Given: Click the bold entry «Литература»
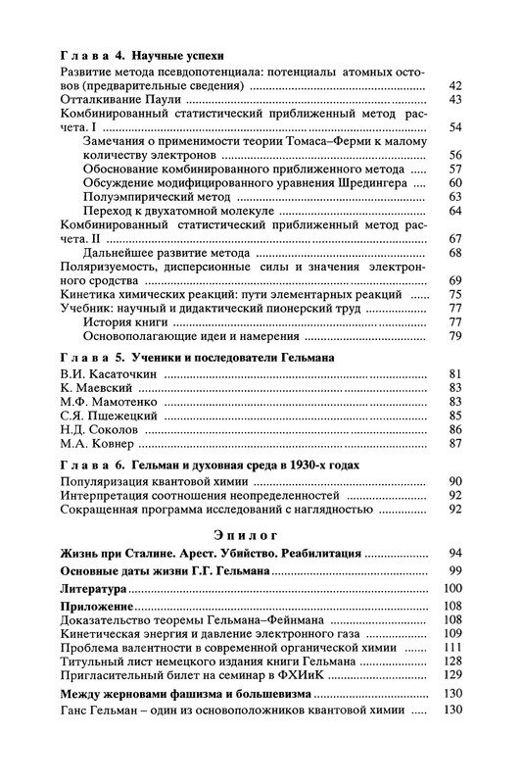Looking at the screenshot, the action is coord(94,588).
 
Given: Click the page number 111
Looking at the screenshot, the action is coord(451,648).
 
